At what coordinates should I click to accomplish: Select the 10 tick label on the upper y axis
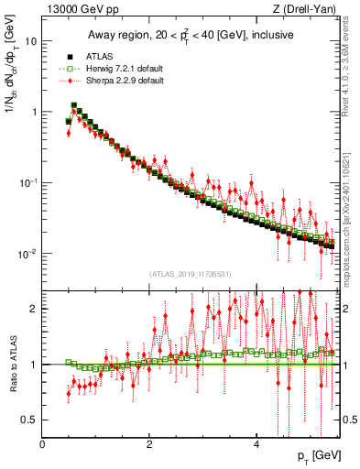[x=31, y=41]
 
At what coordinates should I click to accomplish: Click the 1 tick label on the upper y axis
[x=34, y=112]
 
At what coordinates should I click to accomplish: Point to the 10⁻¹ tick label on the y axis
[x=28, y=182]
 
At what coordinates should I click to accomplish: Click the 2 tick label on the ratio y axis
[x=34, y=309]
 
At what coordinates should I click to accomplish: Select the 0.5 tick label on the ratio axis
[x=30, y=420]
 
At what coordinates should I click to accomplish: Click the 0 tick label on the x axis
[x=42, y=444]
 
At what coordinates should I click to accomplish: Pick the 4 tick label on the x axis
[x=256, y=444]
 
